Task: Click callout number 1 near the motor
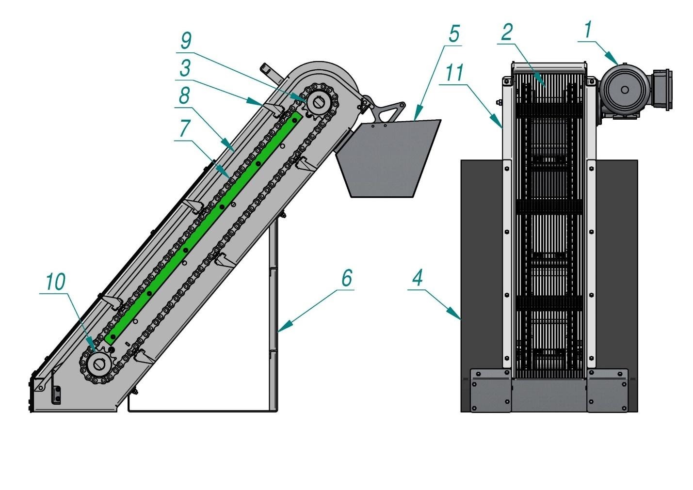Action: click(x=588, y=31)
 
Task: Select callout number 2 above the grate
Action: click(x=506, y=32)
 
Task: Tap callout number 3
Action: click(x=184, y=68)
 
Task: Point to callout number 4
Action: click(x=418, y=279)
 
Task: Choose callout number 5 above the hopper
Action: click(x=453, y=33)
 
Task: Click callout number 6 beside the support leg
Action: click(x=346, y=279)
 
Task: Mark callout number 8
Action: click(x=184, y=96)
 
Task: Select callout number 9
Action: click(x=186, y=41)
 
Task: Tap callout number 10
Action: click(x=55, y=282)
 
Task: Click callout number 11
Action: click(x=454, y=73)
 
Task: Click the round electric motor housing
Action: click(x=624, y=90)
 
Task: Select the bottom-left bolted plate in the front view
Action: click(x=490, y=391)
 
